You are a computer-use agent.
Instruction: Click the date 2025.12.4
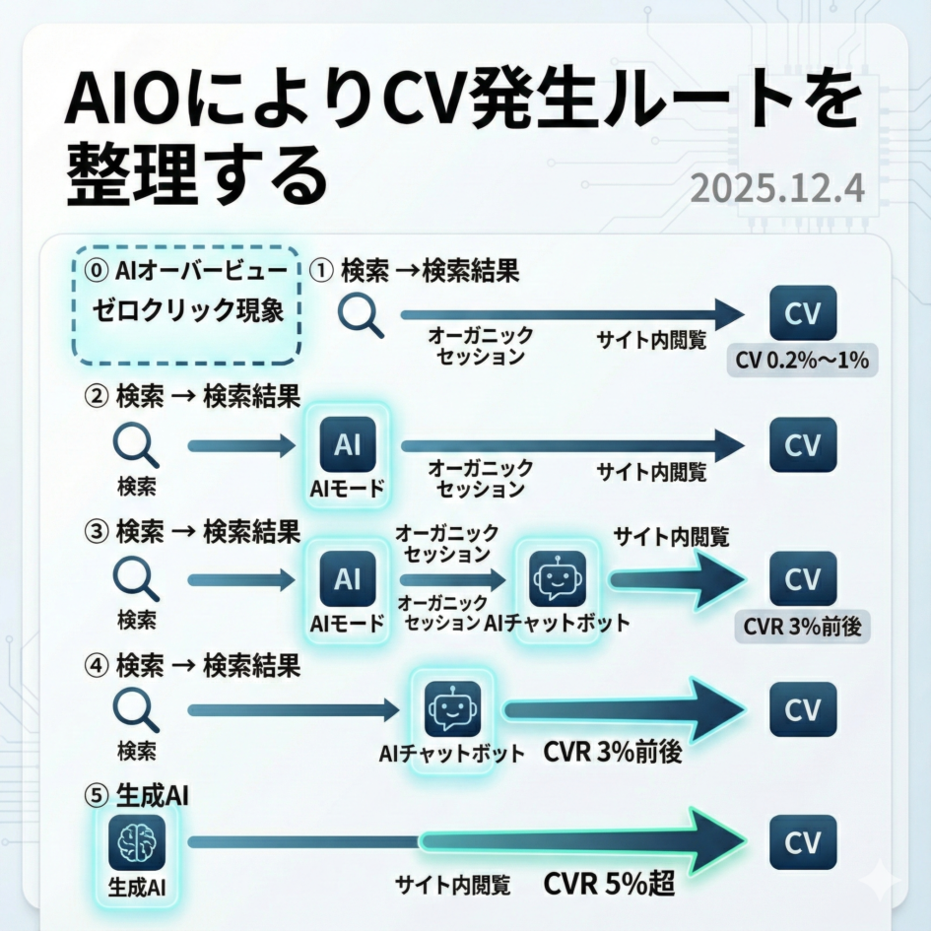(777, 187)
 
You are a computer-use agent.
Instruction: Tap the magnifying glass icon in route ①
(361, 315)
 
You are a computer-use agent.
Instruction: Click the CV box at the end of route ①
(802, 313)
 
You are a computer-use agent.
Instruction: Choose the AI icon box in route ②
(347, 445)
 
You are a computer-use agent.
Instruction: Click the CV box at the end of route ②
(802, 445)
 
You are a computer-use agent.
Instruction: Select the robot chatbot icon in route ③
(558, 579)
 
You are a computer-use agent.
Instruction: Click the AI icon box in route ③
(347, 578)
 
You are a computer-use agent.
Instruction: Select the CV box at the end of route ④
(802, 709)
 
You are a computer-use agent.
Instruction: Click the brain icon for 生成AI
(137, 844)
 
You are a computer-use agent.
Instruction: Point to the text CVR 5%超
(609, 884)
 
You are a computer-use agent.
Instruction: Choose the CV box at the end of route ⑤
(802, 843)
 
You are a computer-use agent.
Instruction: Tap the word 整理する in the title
(196, 174)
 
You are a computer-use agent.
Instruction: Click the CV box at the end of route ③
(802, 578)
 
